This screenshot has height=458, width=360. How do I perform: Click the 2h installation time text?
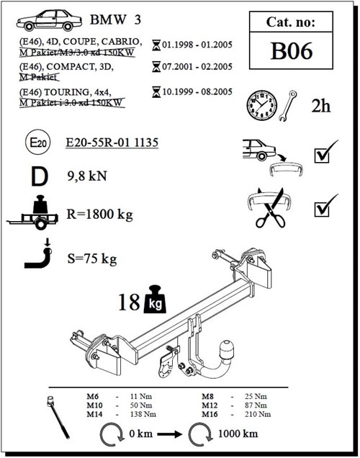click(x=321, y=106)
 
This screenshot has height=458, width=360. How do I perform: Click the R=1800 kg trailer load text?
click(x=100, y=214)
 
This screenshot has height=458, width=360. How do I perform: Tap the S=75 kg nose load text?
click(x=91, y=258)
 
